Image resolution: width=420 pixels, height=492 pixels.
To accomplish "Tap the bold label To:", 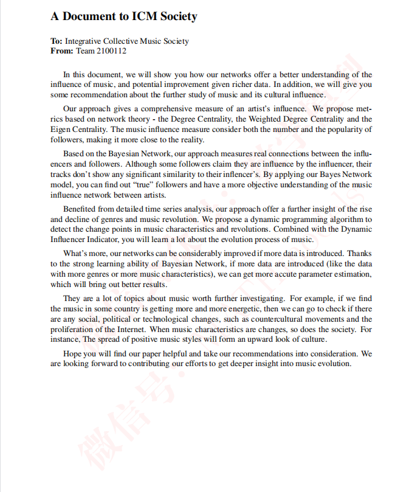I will click(57, 41).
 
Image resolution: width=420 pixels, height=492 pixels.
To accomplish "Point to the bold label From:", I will click(61, 51).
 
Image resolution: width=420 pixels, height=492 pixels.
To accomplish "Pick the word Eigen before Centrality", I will click(61, 130).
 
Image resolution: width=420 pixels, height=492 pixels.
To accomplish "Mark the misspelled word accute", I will click(290, 274).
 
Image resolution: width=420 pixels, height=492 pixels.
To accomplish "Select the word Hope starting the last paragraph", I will click(73, 354).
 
